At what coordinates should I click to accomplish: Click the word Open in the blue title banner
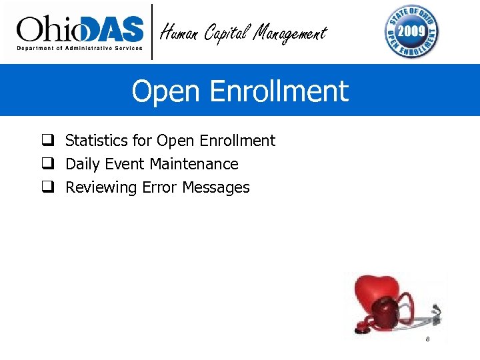[x=161, y=91]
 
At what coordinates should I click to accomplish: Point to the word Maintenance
[x=194, y=164]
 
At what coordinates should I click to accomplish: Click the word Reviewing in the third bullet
[x=101, y=187]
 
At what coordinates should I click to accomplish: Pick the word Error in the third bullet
[x=159, y=187]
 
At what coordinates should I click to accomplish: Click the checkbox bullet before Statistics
[x=47, y=141]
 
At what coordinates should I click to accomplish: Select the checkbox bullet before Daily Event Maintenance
[x=47, y=164]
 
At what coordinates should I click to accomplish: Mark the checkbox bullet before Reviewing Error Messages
[x=47, y=187]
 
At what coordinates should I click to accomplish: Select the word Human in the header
[x=179, y=32]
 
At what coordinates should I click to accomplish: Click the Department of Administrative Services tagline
[x=80, y=49]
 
